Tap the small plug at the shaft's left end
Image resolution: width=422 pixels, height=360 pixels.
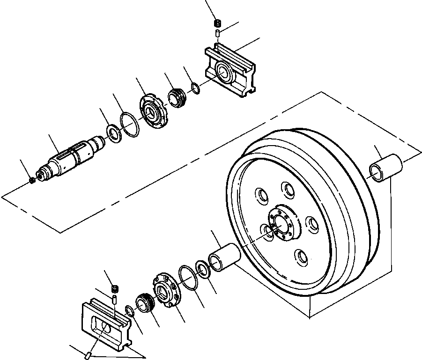tap(32, 180)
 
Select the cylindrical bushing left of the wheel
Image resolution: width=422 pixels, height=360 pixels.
tap(224, 258)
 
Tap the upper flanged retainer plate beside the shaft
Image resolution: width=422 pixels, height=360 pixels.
tap(152, 111)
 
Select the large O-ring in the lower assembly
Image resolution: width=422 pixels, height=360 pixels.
tap(188, 278)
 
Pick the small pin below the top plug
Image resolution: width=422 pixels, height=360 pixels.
tap(217, 33)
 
